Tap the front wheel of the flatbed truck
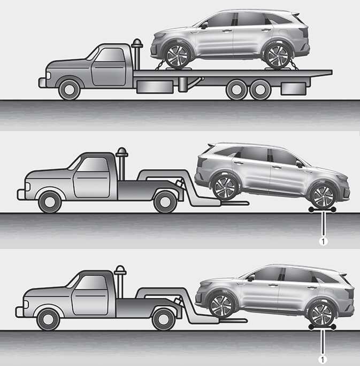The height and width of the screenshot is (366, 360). pyautogui.click(x=70, y=90)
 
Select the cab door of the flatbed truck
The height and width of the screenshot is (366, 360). pyautogui.click(x=109, y=67)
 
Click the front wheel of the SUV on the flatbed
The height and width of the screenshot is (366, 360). pyautogui.click(x=177, y=57)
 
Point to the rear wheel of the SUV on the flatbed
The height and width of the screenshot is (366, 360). pyautogui.click(x=277, y=57)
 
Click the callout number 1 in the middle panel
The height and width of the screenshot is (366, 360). pyautogui.click(x=323, y=242)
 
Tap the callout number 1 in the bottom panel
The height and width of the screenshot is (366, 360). pyautogui.click(x=323, y=360)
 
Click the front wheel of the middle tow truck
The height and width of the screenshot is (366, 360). pyautogui.click(x=50, y=202)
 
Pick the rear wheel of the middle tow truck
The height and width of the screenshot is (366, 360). pyautogui.click(x=165, y=202)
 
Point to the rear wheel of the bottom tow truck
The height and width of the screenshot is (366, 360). pyautogui.click(x=164, y=320)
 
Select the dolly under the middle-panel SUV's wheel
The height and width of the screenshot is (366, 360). pyautogui.click(x=322, y=209)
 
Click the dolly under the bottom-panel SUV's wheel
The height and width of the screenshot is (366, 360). pyautogui.click(x=323, y=327)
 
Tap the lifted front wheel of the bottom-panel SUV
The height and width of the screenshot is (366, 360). pyautogui.click(x=221, y=306)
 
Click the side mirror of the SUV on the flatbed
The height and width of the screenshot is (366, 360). pyautogui.click(x=204, y=25)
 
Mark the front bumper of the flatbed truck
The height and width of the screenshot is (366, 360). pyautogui.click(x=42, y=83)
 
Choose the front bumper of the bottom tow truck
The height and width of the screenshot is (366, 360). pyautogui.click(x=19, y=312)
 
